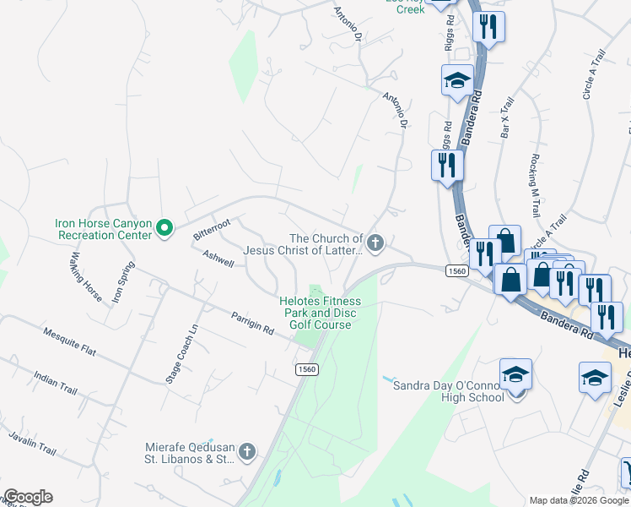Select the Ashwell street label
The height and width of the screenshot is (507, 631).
pyautogui.click(x=218, y=258)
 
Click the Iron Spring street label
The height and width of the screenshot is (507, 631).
pyautogui.click(x=123, y=280)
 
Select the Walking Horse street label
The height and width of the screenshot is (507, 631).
pyautogui.click(x=86, y=277)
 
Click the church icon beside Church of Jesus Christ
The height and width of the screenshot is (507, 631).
pyautogui.click(x=375, y=244)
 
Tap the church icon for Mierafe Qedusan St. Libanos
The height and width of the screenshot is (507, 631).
pyautogui.click(x=246, y=451)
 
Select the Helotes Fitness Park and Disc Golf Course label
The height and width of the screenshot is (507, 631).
pyautogui.click(x=321, y=313)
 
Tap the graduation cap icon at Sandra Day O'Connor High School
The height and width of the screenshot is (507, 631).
pyautogui.click(x=515, y=373)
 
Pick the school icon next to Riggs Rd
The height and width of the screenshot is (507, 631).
pyautogui.click(x=456, y=81)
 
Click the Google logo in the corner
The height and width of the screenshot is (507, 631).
pyautogui.click(x=27, y=497)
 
